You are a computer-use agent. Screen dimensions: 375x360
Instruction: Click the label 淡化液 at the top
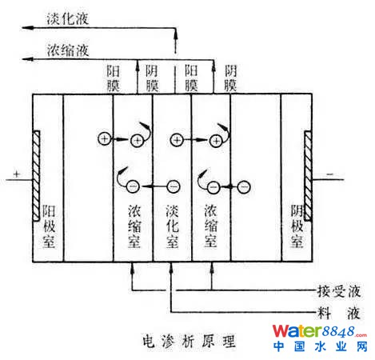pos(68,18)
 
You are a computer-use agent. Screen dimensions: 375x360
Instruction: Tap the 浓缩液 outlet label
pos(68,50)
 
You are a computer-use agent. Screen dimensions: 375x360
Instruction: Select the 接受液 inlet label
pos(339,291)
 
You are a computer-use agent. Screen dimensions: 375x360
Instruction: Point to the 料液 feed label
pos(339,313)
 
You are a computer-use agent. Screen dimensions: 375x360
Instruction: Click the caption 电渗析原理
pos(189,341)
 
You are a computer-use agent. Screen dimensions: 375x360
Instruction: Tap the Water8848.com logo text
pos(320,331)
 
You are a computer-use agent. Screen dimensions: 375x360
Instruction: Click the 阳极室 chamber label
pos(49,226)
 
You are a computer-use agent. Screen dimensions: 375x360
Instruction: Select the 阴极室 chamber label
pos(297,226)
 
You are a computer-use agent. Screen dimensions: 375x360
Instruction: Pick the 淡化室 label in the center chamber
pos(173,226)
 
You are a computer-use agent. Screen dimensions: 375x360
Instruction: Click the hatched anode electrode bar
pos(36,176)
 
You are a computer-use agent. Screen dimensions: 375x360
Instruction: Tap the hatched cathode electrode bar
pos(309,176)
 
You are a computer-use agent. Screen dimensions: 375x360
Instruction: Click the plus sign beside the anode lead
pos(17,174)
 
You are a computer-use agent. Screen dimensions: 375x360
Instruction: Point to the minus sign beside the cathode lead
pos(330,174)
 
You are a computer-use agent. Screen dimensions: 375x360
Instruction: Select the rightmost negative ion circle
pos(244,186)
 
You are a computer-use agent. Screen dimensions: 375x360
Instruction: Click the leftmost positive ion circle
pos(105,139)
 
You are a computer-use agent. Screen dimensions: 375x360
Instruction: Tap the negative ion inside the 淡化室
pos(174,186)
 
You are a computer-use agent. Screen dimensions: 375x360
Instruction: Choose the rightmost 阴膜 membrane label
pos(230,78)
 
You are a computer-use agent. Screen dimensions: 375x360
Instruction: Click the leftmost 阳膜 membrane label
pos(113,78)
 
